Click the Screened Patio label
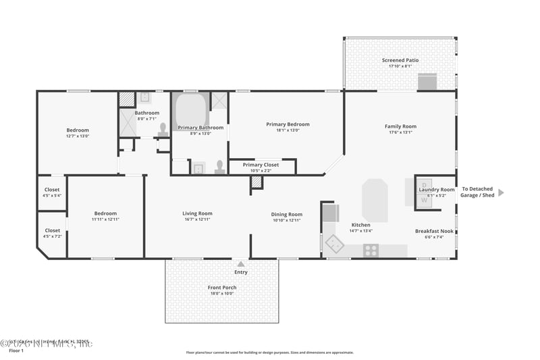pyautogui.click(x=400, y=60)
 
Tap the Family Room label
pyautogui.click(x=400, y=126)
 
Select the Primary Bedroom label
pyautogui.click(x=288, y=124)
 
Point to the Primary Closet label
pyautogui.click(x=261, y=165)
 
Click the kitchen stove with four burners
pyautogui.click(x=371, y=250)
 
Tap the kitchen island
pyautogui.click(x=375, y=201)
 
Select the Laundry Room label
pyautogui.click(x=437, y=190)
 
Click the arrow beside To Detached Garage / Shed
pyautogui.click(x=501, y=192)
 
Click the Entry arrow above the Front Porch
pyautogui.click(x=241, y=263)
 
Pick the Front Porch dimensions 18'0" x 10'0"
pyautogui.click(x=222, y=294)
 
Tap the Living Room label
pyautogui.click(x=197, y=214)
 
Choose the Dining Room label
pyautogui.click(x=286, y=214)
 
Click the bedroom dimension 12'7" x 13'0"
pyautogui.click(x=77, y=136)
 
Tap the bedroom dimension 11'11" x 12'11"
pyautogui.click(x=105, y=220)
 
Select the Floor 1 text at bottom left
pyautogui.click(x=16, y=351)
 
